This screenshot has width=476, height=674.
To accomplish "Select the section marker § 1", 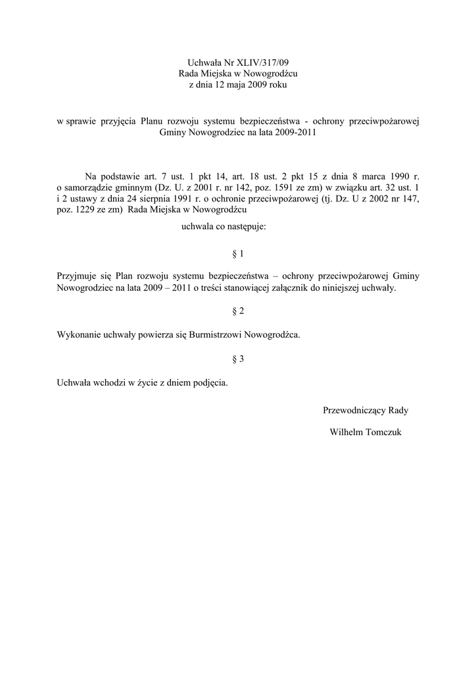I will point(238,253).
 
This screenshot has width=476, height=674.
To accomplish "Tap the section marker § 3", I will point(238,359).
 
